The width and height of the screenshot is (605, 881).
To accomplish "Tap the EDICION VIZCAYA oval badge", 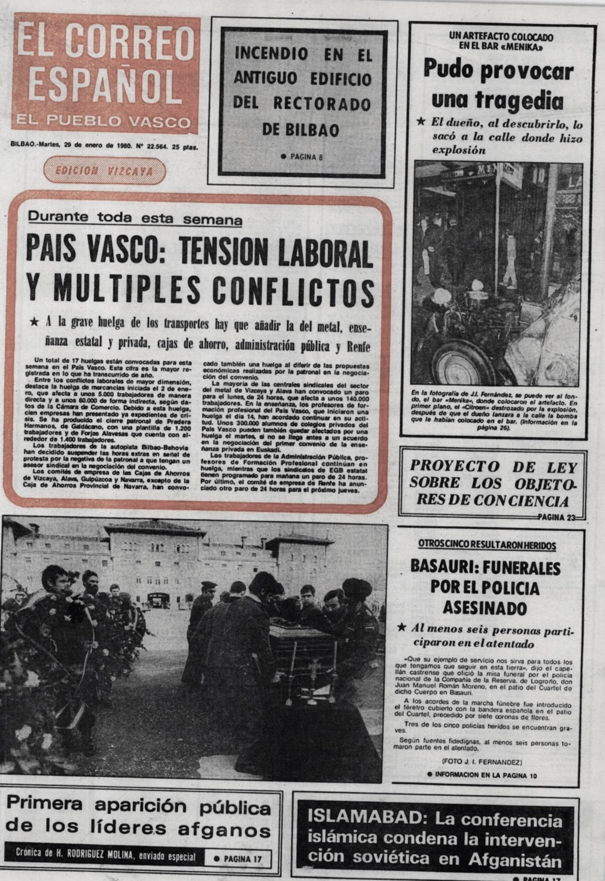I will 104,171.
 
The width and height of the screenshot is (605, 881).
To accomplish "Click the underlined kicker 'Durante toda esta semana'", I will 135,219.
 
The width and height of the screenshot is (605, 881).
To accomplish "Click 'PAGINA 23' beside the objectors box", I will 556,518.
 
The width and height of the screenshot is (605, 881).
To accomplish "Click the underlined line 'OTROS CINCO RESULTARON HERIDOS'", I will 487,545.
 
